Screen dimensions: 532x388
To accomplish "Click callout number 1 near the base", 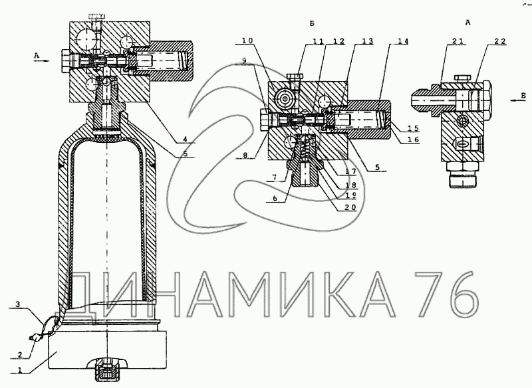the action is [x=21, y=370].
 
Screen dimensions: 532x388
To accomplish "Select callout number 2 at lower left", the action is [x=20, y=355].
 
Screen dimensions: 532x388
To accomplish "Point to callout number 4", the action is [x=186, y=139].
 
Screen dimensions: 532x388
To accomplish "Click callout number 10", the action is [x=247, y=41].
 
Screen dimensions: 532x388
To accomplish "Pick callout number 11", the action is [x=319, y=41].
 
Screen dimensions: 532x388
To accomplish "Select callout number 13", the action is [x=368, y=41].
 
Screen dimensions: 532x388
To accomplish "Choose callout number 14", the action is [x=403, y=41].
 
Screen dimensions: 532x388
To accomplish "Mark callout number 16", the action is [x=413, y=140].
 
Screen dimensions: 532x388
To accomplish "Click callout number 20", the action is [x=350, y=207].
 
